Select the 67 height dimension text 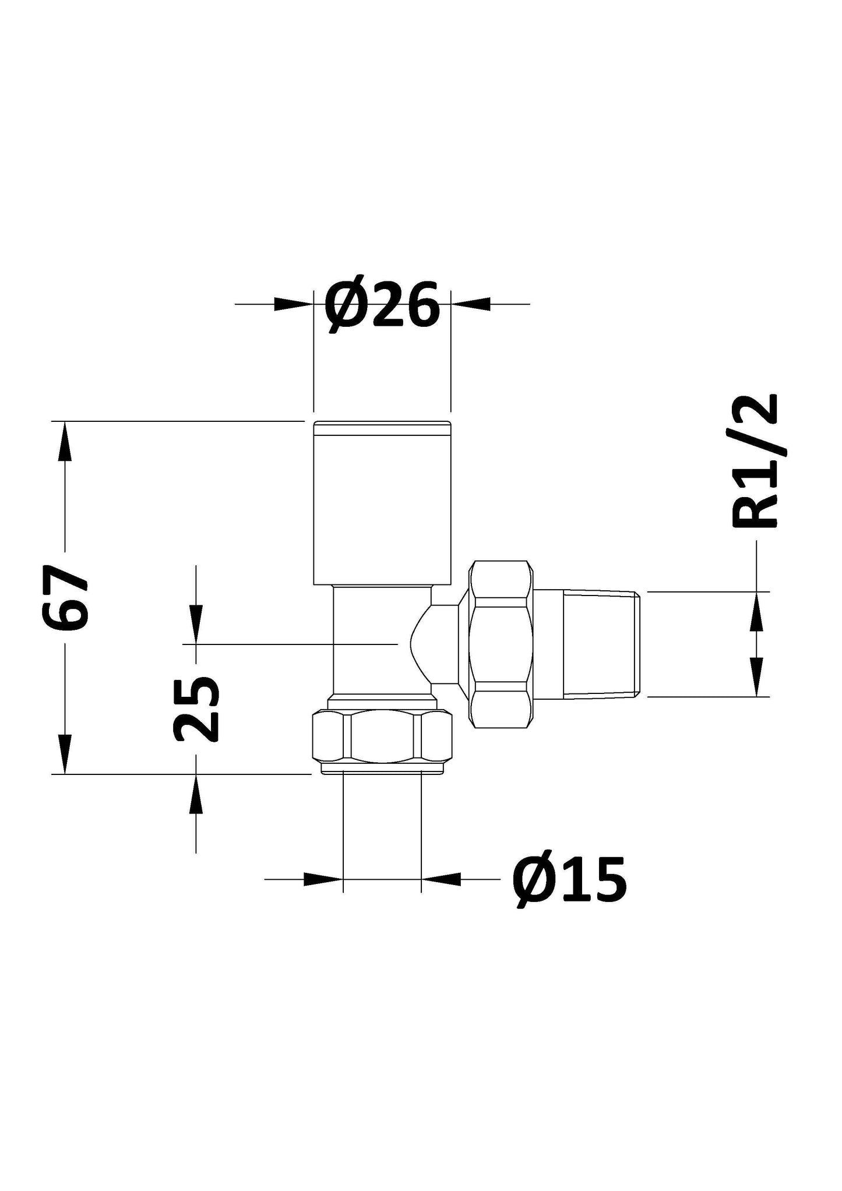(x=65, y=598)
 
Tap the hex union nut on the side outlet (x=502, y=644)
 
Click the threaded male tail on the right (x=601, y=644)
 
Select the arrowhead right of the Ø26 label (x=471, y=304)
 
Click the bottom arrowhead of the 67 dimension (x=65, y=753)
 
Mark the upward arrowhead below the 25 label (x=196, y=794)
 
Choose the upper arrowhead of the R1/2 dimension (x=756, y=612)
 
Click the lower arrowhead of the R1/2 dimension (x=756, y=676)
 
